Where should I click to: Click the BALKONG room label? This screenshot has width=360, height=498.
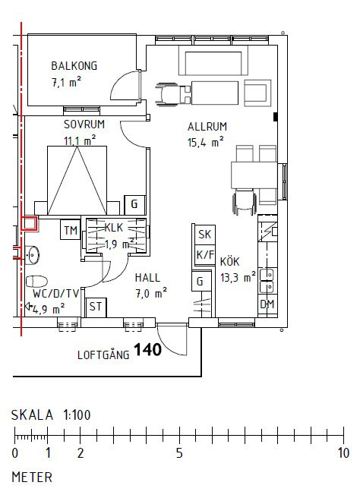click(x=74, y=66)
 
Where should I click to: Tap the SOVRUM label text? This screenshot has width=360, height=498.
click(x=84, y=124)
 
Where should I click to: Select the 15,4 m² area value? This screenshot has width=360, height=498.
click(x=205, y=142)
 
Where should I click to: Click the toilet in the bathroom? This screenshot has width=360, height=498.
click(x=36, y=282)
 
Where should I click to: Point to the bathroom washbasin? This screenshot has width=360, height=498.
click(x=32, y=254)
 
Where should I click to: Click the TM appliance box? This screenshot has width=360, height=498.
click(x=71, y=229)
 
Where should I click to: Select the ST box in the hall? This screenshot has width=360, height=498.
click(x=96, y=307)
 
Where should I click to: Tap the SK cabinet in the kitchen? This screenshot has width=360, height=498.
click(x=204, y=235)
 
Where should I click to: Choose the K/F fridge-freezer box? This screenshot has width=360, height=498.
click(x=204, y=255)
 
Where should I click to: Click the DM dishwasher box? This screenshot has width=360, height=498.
click(x=267, y=304)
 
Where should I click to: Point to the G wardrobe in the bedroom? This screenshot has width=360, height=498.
click(x=134, y=204)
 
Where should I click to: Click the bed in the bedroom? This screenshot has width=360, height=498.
click(x=77, y=181)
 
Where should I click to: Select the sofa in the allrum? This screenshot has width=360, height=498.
click(x=213, y=60)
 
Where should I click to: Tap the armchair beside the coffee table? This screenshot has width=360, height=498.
click(x=257, y=93)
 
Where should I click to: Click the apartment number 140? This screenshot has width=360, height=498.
click(x=147, y=350)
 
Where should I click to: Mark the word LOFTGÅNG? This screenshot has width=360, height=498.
click(x=103, y=354)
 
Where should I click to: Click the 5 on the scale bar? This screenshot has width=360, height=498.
click(x=179, y=453)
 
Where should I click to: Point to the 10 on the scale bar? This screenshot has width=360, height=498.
click(x=343, y=453)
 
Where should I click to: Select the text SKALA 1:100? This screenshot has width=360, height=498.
click(x=51, y=415)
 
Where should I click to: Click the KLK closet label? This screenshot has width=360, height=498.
click(x=113, y=228)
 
